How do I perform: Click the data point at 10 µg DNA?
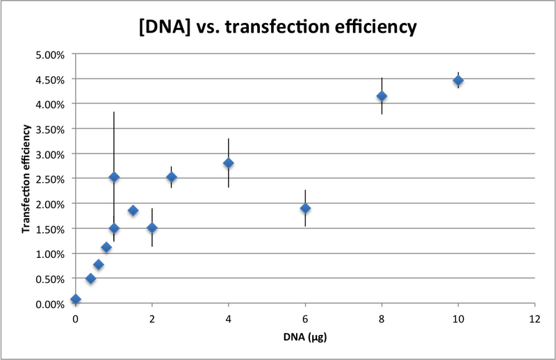[458, 81]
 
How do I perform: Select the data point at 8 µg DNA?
[382, 96]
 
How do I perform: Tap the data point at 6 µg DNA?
[305, 208]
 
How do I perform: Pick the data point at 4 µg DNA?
[229, 163]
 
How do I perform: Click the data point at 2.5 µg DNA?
[171, 177]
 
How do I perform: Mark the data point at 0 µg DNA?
[76, 300]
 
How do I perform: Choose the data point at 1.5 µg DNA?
[133, 211]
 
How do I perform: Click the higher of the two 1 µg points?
[114, 177]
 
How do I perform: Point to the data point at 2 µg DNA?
[152, 228]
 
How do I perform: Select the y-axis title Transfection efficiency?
[26, 179]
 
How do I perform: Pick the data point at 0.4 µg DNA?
[90, 279]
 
